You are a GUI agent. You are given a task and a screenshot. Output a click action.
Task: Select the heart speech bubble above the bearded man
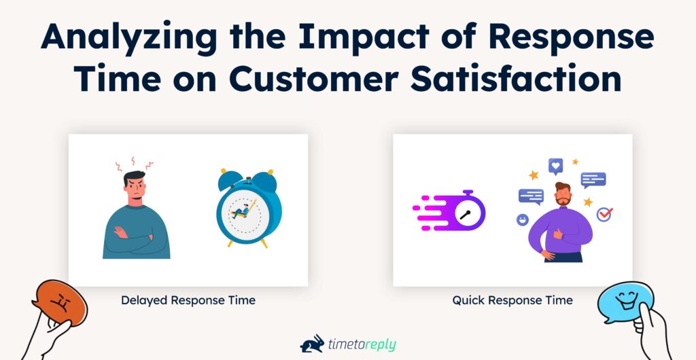click(556, 165)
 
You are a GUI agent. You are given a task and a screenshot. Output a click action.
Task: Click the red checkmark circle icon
click(604, 215)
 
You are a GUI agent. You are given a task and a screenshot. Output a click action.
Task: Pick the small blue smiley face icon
click(522, 219)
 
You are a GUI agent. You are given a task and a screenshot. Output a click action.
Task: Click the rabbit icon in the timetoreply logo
click(312, 344)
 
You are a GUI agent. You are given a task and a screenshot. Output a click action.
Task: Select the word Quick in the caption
click(468, 300)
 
